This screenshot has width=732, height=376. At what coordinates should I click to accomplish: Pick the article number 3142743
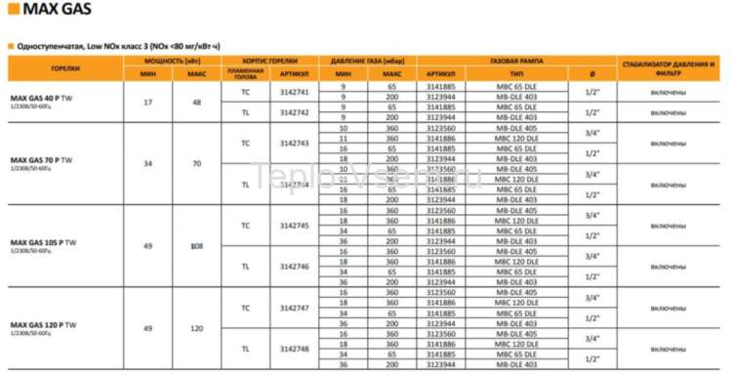[294, 143]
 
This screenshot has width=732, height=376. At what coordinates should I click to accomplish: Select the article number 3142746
[294, 266]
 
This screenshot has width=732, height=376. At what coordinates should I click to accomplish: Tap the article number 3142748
[294, 348]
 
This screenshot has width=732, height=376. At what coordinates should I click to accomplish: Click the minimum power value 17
[147, 102]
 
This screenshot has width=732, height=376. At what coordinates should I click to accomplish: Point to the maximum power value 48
[197, 102]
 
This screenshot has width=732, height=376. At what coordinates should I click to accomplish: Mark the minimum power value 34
[147, 163]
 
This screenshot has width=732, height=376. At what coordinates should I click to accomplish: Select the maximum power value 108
[197, 245]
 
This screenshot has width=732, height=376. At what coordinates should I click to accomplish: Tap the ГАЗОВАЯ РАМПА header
[516, 62]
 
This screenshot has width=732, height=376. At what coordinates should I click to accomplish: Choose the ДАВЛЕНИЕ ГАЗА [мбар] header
[367, 62]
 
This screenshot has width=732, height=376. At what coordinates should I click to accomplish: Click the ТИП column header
[516, 73]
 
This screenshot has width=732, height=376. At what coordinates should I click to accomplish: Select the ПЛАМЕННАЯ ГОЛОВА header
[245, 73]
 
